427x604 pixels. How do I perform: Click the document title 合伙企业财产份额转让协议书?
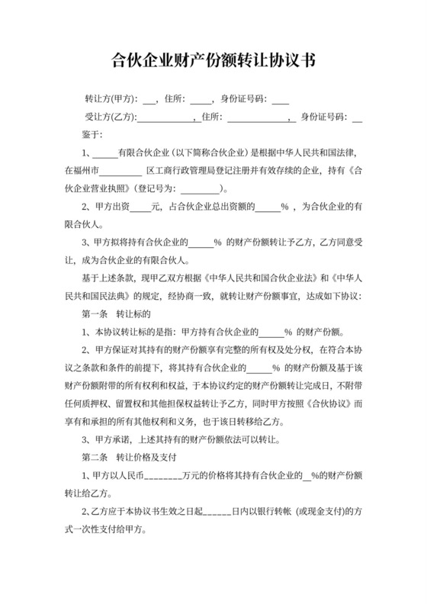(x=213, y=59)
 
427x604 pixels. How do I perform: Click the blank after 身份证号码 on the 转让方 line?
(x=280, y=98)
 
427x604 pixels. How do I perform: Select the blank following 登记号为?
(x=201, y=188)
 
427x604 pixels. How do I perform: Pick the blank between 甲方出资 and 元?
(x=140, y=206)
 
